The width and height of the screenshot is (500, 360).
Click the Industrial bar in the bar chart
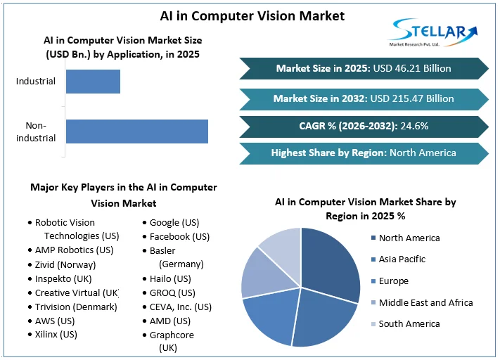click(93, 82)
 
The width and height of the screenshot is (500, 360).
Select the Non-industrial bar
click(137, 131)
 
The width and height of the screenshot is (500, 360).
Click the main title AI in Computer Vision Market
click(250, 15)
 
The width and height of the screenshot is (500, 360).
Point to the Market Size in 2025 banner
click(363, 68)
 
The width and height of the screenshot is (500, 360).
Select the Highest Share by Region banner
click(363, 153)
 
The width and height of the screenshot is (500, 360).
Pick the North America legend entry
click(409, 238)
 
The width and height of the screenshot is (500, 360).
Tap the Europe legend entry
click(393, 281)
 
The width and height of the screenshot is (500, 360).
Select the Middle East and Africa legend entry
click(425, 302)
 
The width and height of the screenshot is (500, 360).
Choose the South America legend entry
click(409, 323)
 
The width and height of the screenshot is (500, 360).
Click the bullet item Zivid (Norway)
click(65, 264)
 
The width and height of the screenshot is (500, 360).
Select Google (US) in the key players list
click(173, 223)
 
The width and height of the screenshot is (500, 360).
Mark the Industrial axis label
click(36, 82)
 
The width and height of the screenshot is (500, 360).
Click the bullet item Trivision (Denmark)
click(76, 307)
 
